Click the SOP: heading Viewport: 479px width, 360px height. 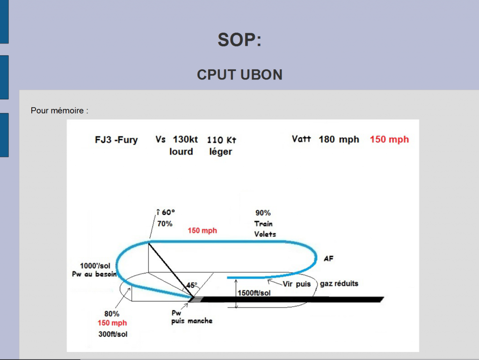pyautogui.click(x=239, y=40)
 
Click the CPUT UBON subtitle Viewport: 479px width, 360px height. pyautogui.click(x=240, y=75)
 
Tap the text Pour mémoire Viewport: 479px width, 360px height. pyautogui.click(x=57, y=110)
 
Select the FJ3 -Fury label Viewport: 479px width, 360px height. pyautogui.click(x=116, y=140)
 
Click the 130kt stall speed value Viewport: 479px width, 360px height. pyautogui.click(x=185, y=139)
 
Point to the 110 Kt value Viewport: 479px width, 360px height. pyautogui.click(x=221, y=140)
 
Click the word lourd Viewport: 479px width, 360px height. pyautogui.click(x=181, y=151)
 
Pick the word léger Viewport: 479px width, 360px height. pyautogui.click(x=221, y=152)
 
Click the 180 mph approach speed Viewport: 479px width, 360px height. pyautogui.click(x=339, y=139)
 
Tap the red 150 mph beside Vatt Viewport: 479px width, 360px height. pyautogui.click(x=389, y=139)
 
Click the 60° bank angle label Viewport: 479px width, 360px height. pyautogui.click(x=168, y=212)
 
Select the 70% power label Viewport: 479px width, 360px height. pyautogui.click(x=165, y=224)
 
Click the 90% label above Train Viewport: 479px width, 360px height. pyautogui.click(x=263, y=213)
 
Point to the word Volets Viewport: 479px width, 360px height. pyautogui.click(x=265, y=234)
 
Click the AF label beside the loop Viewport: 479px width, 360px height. pyautogui.click(x=328, y=259)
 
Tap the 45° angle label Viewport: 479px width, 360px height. pyautogui.click(x=192, y=285)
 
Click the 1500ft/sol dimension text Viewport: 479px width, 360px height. pyautogui.click(x=254, y=293)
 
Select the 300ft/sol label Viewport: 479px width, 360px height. pyautogui.click(x=113, y=334)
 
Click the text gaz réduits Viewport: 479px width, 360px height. pyautogui.click(x=339, y=284)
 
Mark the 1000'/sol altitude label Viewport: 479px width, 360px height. pyautogui.click(x=95, y=266)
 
